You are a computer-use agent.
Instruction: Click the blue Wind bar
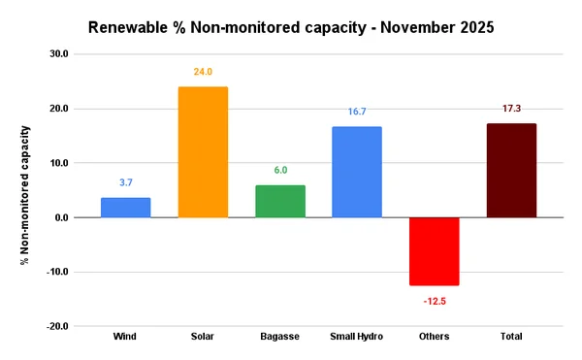pyautogui.click(x=126, y=208)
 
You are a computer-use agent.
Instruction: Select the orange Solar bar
pyautogui.click(x=203, y=152)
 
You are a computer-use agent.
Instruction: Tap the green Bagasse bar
pyautogui.click(x=279, y=201)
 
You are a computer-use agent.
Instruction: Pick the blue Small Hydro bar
pyautogui.click(x=357, y=172)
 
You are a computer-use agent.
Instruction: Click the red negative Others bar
pyautogui.click(x=434, y=251)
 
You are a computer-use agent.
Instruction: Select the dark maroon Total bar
pyautogui.click(x=511, y=171)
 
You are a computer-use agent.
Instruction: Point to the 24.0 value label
pyautogui.click(x=203, y=72)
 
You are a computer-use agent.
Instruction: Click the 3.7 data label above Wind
pyautogui.click(x=126, y=182)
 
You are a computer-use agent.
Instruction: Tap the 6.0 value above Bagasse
pyautogui.click(x=279, y=170)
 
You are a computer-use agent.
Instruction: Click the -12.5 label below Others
pyautogui.click(x=434, y=302)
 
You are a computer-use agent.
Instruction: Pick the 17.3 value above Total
pyautogui.click(x=511, y=109)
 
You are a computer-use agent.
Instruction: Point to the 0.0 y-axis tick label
pyautogui.click(x=60, y=217)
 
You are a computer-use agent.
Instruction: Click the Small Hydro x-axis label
pyautogui.click(x=357, y=337)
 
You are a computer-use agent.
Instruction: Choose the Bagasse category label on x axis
pyautogui.click(x=279, y=337)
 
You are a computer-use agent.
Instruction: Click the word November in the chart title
pyautogui.click(x=404, y=26)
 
